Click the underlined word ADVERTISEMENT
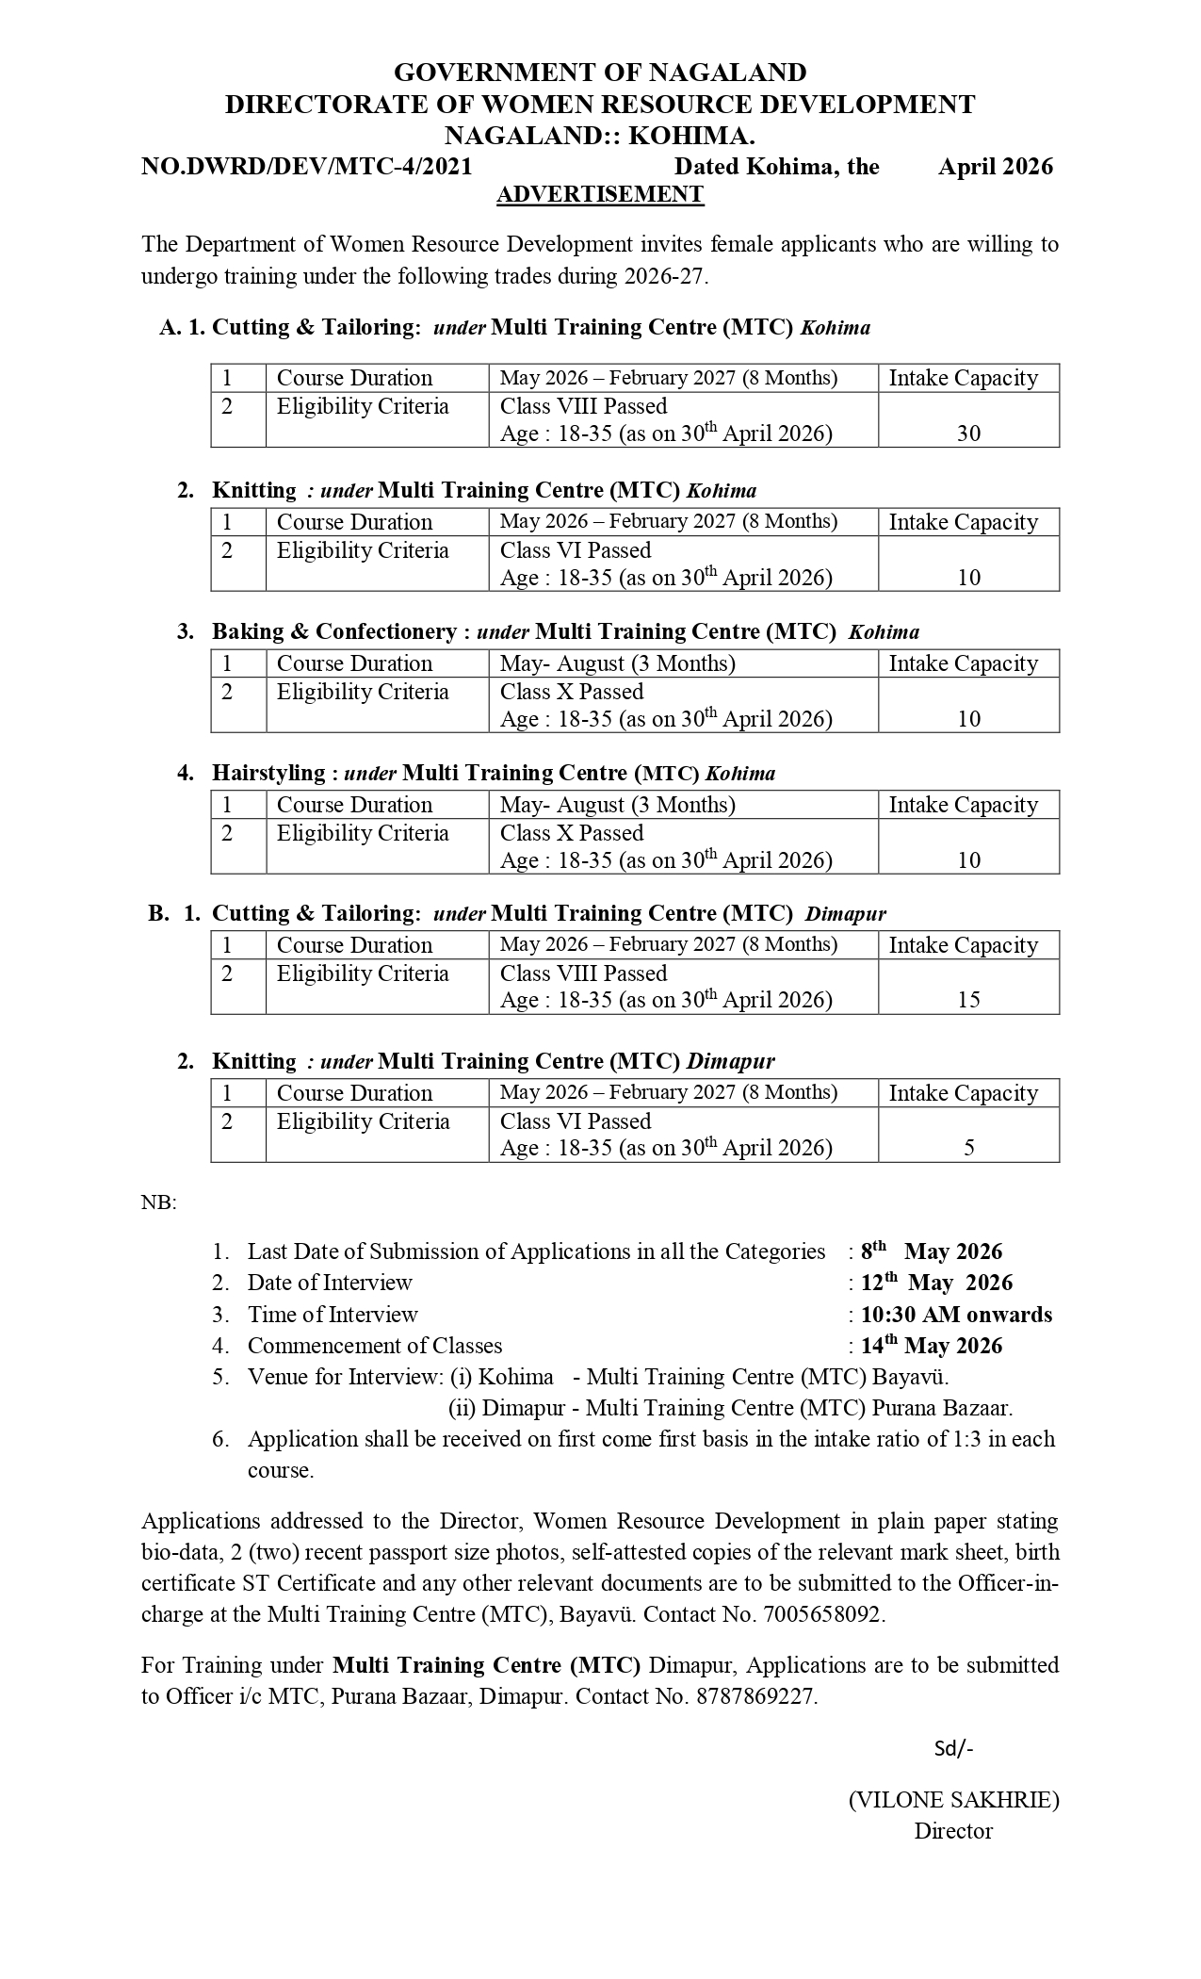coord(600,194)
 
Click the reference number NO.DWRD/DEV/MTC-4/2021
coord(306,167)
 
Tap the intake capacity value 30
coord(968,433)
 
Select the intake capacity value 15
coord(968,1000)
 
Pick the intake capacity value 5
coord(968,1148)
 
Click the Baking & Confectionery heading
coord(334,631)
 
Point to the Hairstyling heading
coord(268,773)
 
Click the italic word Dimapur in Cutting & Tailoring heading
coord(845,913)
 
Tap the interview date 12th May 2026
coord(936,1283)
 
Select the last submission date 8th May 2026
coord(932,1251)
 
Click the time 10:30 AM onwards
coord(956,1315)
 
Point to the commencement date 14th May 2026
coord(932,1346)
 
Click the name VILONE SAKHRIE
coord(953,1800)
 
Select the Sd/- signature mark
coord(953,1749)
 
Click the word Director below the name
coord(953,1831)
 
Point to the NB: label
coord(159,1202)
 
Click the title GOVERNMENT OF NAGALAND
coord(600,73)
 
